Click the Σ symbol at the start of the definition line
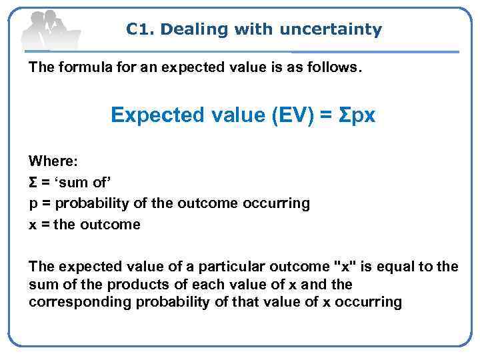(x=33, y=182)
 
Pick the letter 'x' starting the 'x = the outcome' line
(x=32, y=225)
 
